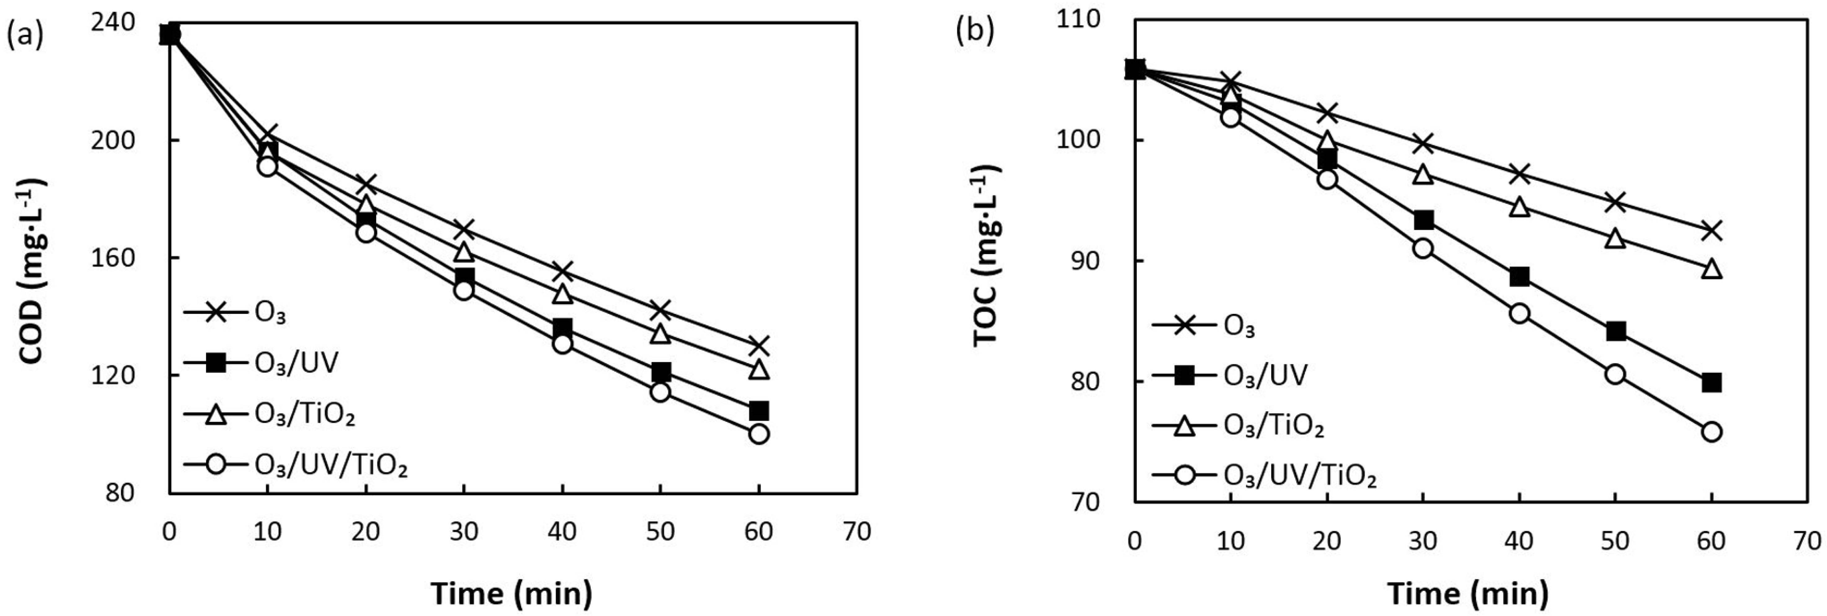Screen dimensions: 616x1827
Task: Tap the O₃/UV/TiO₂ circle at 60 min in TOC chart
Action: tap(1711, 432)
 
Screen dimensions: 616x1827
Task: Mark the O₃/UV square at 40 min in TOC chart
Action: tap(1519, 276)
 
